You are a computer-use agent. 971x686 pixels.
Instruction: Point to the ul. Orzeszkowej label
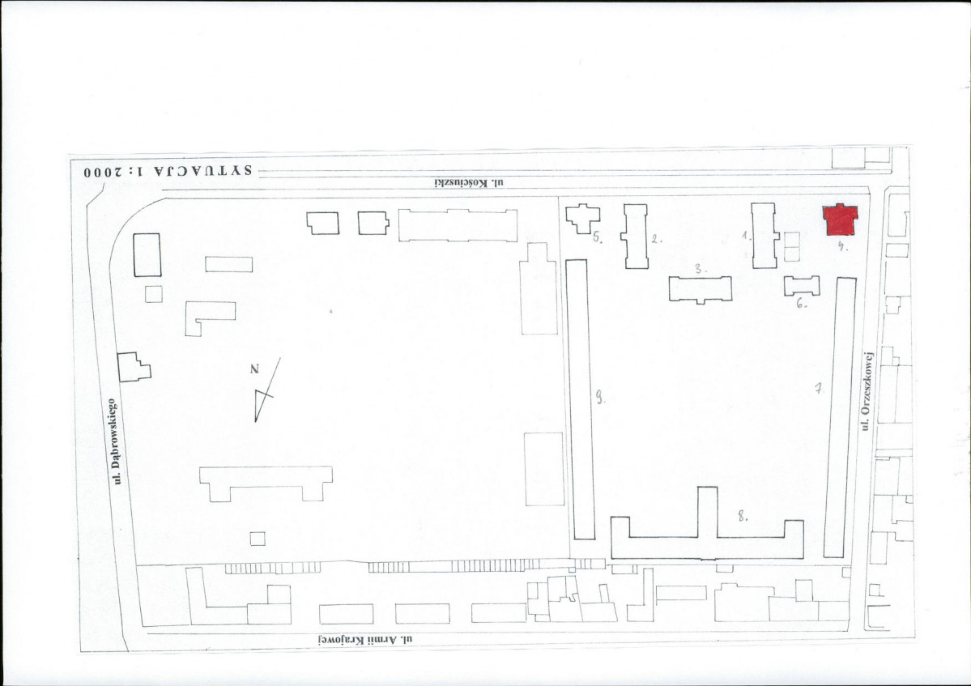(x=867, y=390)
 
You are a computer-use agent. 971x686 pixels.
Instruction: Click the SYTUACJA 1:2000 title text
(x=168, y=172)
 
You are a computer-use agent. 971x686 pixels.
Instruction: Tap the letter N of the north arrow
(x=254, y=369)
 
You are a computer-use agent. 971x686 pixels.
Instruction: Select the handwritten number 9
(x=599, y=397)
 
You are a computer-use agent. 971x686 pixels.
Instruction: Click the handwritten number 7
(x=818, y=388)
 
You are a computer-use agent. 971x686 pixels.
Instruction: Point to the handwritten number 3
(x=700, y=269)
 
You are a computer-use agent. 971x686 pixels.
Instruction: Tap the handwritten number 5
(x=598, y=237)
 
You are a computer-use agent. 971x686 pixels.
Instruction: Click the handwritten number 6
(x=801, y=304)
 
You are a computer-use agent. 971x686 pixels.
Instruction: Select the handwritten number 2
(x=655, y=238)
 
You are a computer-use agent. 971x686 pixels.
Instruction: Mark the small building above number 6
(x=802, y=286)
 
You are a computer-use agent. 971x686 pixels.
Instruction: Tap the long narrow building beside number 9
(x=580, y=399)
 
